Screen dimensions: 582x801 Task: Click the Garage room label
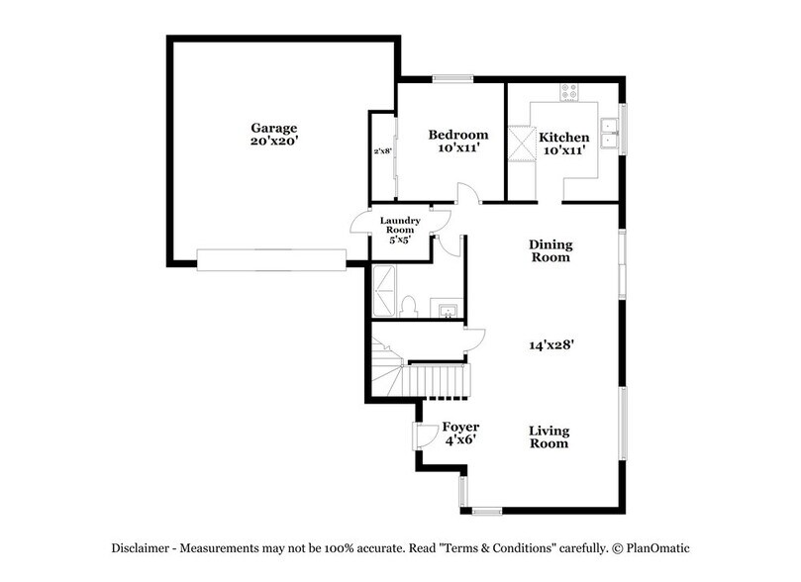tap(274, 129)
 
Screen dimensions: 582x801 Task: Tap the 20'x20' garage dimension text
tap(274, 143)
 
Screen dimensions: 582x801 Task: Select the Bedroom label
tap(457, 135)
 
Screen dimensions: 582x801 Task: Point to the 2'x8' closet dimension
tap(382, 151)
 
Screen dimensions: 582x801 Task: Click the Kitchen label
tap(564, 137)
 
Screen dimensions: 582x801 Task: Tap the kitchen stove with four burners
tap(570, 92)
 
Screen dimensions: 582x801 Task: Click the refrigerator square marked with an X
tap(520, 141)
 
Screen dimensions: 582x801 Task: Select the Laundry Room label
tap(401, 226)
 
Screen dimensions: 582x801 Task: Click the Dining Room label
tap(551, 250)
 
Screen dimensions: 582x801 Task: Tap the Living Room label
tap(549, 436)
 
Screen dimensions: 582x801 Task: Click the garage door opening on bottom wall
tap(270, 259)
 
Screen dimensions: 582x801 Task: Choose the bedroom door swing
tap(465, 194)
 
